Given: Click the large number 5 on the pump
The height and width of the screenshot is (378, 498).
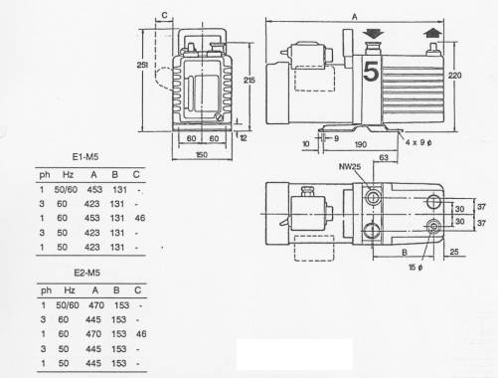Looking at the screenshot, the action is (371, 71).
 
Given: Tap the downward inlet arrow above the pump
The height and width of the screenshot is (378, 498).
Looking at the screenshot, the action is (373, 33).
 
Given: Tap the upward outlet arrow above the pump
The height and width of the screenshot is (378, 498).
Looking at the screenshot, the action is (432, 33).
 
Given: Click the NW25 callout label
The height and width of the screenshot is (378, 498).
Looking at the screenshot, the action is (350, 166).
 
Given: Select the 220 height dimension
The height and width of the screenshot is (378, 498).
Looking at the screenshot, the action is (454, 76).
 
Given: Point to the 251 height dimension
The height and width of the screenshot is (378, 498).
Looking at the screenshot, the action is (142, 65).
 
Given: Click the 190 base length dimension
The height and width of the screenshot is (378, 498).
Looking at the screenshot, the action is (361, 144).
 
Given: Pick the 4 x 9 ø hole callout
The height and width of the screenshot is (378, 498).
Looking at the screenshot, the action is (418, 142).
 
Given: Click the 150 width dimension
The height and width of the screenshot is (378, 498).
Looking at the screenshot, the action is (202, 154).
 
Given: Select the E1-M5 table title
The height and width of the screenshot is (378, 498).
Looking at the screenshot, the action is (85, 156).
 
